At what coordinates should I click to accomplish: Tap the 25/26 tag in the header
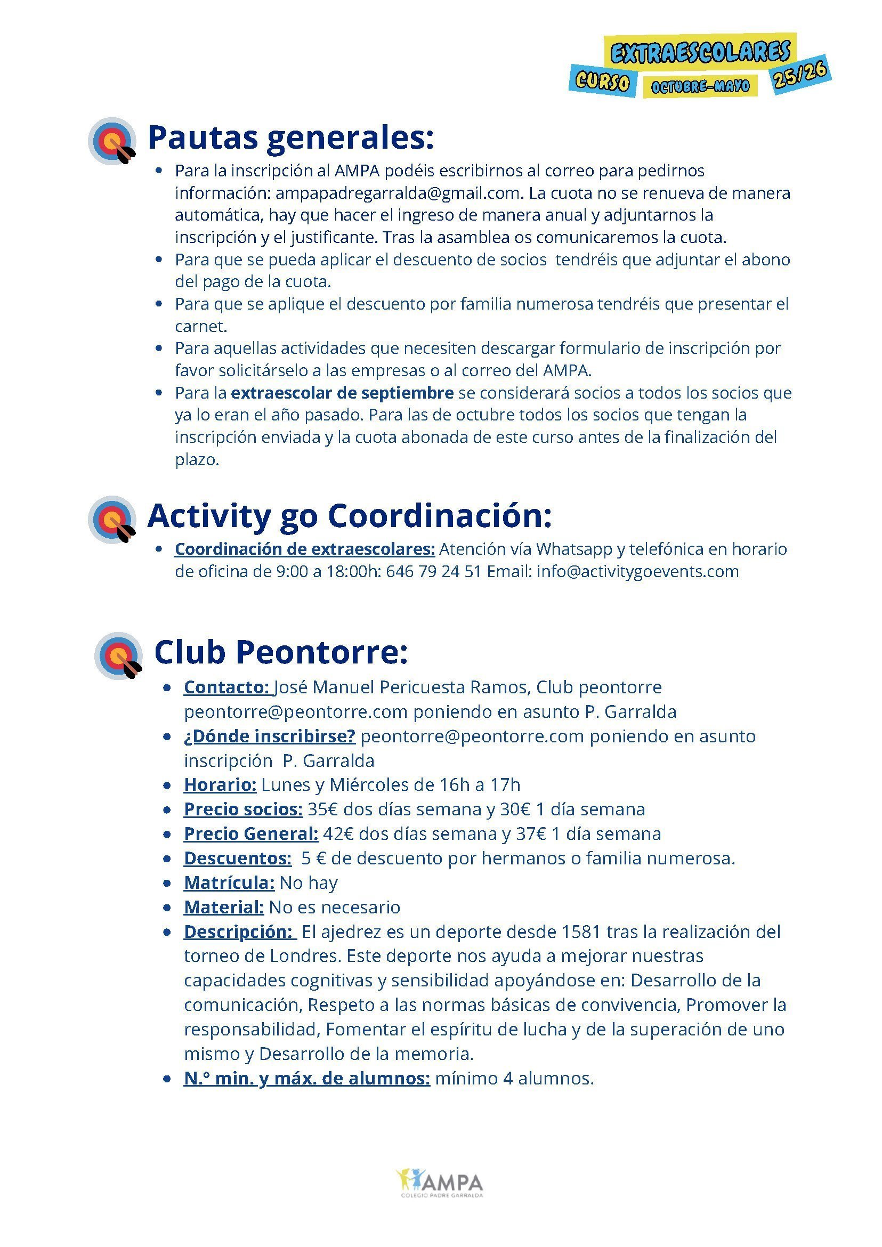tap(800, 74)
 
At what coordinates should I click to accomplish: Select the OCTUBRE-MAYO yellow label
tap(700, 86)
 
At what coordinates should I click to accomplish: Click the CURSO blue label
tap(602, 82)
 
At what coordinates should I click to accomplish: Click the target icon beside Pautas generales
tap(113, 141)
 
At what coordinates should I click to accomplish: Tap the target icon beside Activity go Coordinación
tap(113, 519)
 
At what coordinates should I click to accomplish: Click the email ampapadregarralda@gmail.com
tap(398, 193)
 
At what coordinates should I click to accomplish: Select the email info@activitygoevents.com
tap(637, 571)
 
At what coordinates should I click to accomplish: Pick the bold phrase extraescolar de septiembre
tap(342, 393)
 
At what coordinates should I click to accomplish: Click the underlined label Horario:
tap(220, 785)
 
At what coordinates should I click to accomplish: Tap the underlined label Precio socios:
tap(243, 809)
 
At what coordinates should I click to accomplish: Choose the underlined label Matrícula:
tap(229, 882)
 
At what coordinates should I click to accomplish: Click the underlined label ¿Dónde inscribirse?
tap(269, 736)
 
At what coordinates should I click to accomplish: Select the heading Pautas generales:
tap(290, 137)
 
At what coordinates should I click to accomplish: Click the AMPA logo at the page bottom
tap(440, 1184)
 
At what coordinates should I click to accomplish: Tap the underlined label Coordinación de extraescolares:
tap(305, 549)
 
